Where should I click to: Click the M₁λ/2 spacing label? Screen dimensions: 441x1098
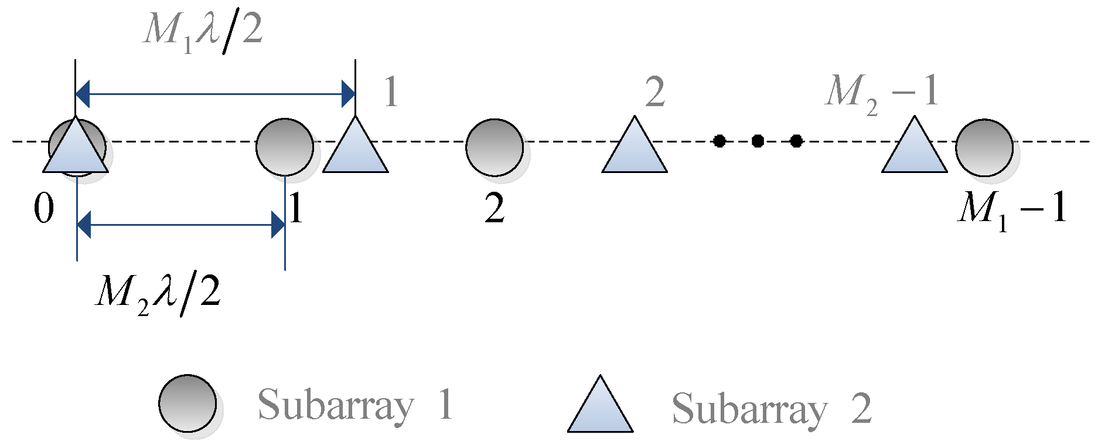(x=203, y=30)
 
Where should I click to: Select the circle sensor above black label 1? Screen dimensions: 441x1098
(x=285, y=147)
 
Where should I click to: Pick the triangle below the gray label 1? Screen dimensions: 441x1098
(x=356, y=150)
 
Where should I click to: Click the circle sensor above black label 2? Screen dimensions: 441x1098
(x=495, y=147)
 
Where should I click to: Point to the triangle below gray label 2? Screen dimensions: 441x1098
(x=635, y=150)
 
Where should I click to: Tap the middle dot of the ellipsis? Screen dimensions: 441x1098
(x=758, y=141)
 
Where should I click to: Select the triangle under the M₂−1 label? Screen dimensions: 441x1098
(x=915, y=150)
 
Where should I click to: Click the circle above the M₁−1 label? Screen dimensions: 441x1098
(x=984, y=147)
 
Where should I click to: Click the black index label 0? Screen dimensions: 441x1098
(x=44, y=209)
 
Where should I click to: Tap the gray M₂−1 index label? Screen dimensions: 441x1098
(x=882, y=93)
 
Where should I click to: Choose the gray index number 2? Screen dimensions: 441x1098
(x=655, y=93)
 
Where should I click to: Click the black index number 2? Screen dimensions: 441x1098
(x=495, y=209)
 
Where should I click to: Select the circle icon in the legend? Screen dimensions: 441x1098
(x=187, y=403)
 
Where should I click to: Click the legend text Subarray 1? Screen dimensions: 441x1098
(x=355, y=405)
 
